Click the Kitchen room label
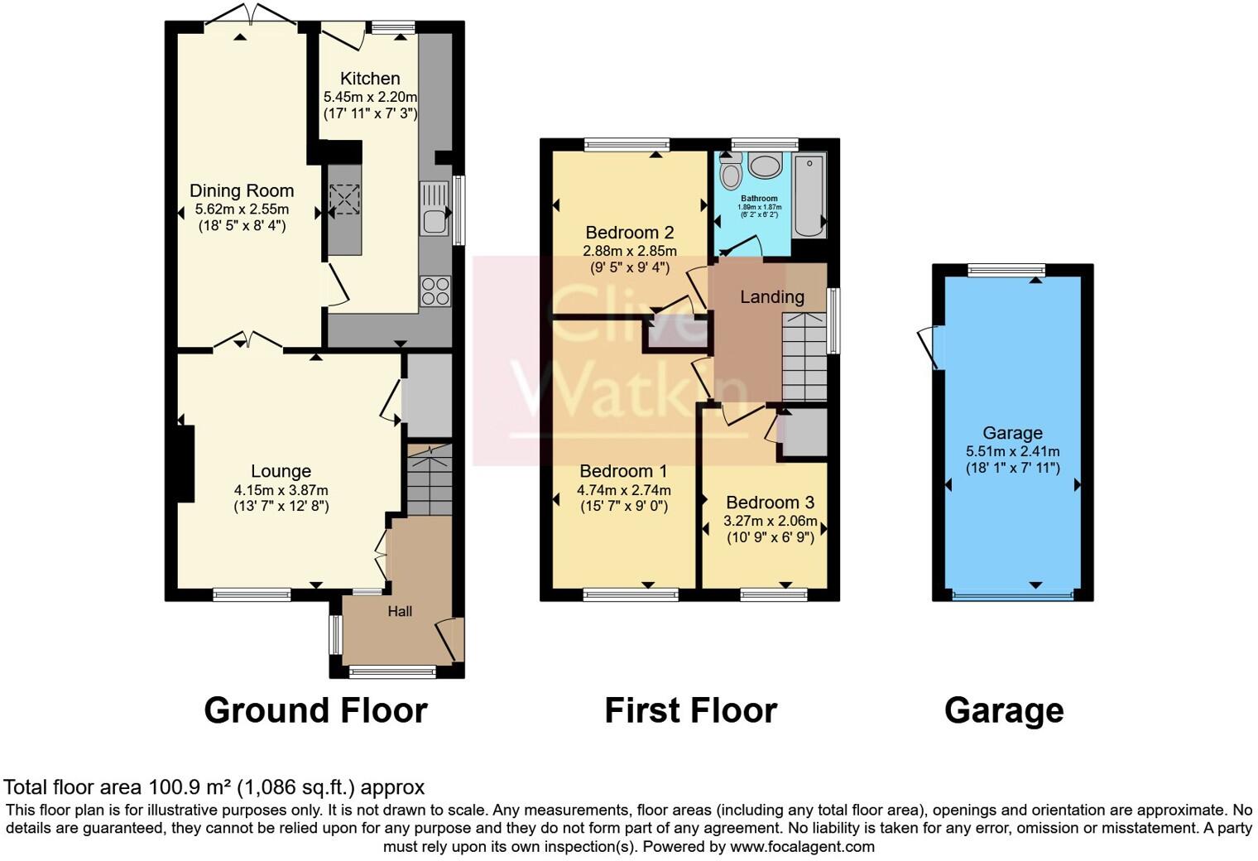tap(370, 79)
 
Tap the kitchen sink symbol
tap(434, 208)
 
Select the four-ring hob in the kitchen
tap(435, 291)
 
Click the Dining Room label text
tap(242, 191)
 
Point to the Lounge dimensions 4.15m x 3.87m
tap(281, 490)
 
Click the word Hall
tap(400, 612)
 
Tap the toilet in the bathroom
tap(731, 173)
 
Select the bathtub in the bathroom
tap(808, 196)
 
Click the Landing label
tap(771, 297)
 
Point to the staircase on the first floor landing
tap(804, 356)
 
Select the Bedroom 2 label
tap(629, 233)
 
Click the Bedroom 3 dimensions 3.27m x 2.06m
tap(770, 522)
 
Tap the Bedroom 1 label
tap(623, 472)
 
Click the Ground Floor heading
tap(315, 710)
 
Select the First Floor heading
tap(690, 710)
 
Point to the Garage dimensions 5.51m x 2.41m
tap(1012, 452)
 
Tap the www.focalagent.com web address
tap(802, 847)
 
